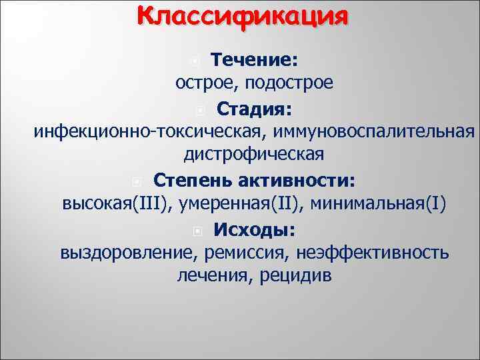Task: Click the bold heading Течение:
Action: point(254,61)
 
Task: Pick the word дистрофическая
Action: point(254,155)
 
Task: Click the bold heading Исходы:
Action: point(255,229)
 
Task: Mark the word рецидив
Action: point(293,275)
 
